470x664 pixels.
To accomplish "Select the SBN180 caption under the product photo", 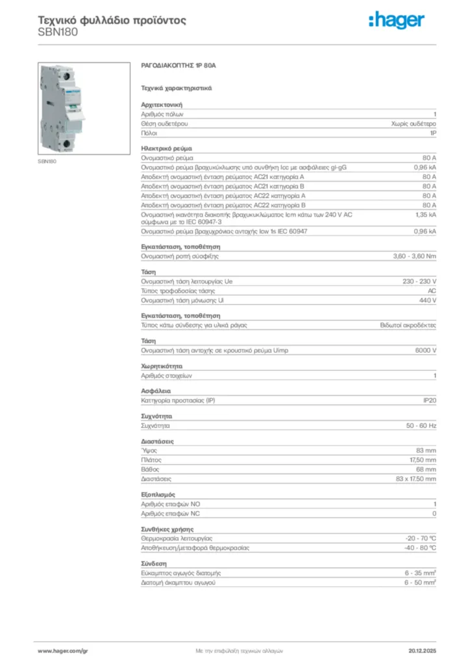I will tap(46, 161).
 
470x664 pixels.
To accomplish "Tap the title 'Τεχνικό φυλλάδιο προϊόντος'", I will tap(112, 20).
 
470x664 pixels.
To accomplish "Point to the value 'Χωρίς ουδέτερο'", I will tap(414, 123).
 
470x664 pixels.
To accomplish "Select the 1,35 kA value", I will tap(426, 213).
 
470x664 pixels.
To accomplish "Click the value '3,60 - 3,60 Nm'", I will tap(415, 256).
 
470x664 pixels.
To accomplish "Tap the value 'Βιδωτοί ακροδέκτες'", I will tap(408, 325).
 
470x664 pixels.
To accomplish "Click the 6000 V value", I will tap(425, 350).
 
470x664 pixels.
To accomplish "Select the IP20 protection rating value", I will tap(429, 401).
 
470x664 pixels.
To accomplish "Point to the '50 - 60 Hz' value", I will tap(421, 426).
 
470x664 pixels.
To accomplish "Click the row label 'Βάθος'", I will tap(150, 469).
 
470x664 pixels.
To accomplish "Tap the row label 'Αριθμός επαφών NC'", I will tap(171, 513).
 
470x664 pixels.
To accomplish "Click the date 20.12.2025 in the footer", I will tap(422, 650).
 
